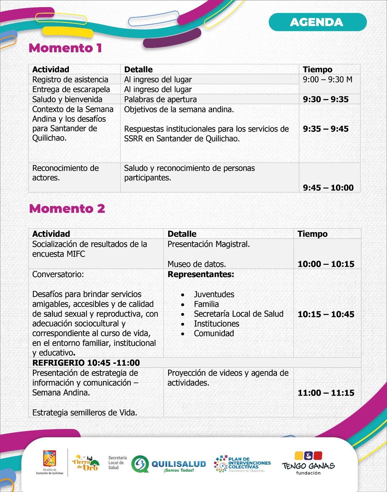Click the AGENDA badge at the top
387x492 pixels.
pyautogui.click(x=318, y=22)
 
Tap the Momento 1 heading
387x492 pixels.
pyautogui.click(x=65, y=48)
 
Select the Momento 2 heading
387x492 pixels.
pyautogui.click(x=67, y=208)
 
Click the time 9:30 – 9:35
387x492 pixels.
pyautogui.click(x=326, y=99)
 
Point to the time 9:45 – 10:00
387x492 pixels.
pyautogui.click(x=328, y=188)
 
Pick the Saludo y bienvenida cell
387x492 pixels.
pyautogui.click(x=67, y=99)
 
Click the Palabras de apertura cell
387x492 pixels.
pyautogui.click(x=160, y=99)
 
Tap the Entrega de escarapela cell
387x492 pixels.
pyautogui.click(x=71, y=89)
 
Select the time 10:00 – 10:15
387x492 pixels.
pyautogui.click(x=326, y=264)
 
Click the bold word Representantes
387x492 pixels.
pyautogui.click(x=201, y=274)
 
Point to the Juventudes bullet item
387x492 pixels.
pyautogui.click(x=214, y=294)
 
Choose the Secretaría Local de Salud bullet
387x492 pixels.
pyautogui.click(x=239, y=314)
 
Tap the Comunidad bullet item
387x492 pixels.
pyautogui.click(x=214, y=333)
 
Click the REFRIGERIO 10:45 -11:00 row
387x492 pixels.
pyautogui.click(x=86, y=363)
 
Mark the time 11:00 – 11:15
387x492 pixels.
pyautogui.click(x=326, y=393)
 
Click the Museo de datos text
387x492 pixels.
pyautogui.click(x=197, y=264)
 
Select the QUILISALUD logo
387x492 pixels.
pyautogui.click(x=168, y=464)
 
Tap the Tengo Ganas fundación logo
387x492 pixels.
pyautogui.click(x=308, y=463)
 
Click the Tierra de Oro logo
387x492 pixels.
pyautogui.click(x=85, y=462)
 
